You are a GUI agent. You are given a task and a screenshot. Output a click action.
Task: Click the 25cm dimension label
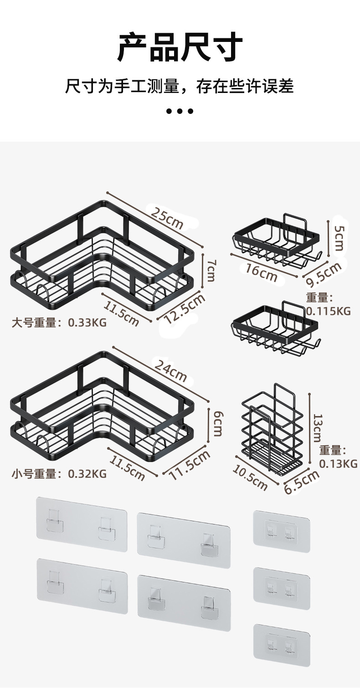[167, 218]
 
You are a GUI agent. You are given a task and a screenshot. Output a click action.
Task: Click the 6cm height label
[218, 423]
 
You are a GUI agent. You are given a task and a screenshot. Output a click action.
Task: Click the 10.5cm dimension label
[250, 477]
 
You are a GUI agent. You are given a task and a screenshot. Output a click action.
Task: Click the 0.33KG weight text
[87, 323]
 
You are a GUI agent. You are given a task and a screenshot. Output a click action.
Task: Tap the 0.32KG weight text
[87, 474]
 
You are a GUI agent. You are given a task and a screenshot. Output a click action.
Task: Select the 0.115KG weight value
[328, 311]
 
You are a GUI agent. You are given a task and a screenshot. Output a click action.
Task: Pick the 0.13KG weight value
[338, 463]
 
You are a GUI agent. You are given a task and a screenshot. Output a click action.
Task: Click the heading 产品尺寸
[180, 47]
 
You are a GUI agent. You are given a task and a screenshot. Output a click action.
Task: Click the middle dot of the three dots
[180, 111]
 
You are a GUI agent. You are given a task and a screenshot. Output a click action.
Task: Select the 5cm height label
[339, 237]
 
